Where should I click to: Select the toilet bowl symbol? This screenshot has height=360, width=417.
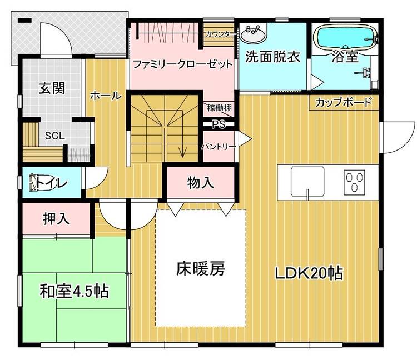coord(33,183)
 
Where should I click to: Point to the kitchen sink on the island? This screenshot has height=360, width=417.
coord(307,181)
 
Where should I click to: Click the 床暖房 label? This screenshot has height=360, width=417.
coord(201,269)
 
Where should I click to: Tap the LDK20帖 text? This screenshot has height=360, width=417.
coord(309,273)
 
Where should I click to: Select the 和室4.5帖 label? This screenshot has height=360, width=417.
coord(74,291)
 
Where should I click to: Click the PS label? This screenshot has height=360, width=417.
coord(219,124)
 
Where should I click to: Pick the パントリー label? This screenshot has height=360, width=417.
coord(219,147)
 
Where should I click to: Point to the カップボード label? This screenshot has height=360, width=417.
coord(344,102)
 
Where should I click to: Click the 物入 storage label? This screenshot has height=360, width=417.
coord(201,183)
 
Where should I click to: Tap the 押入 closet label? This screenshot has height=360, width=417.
coord(56,219)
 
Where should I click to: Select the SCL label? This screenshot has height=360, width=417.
coord(55,136)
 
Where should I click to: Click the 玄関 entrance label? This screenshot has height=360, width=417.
coord(52,88)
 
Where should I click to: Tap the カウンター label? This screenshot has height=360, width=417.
coord(221,34)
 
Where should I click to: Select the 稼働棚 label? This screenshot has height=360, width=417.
coord(220,108)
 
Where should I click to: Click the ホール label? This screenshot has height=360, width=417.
coord(106,96)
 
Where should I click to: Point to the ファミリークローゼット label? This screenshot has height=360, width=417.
coord(183,64)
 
